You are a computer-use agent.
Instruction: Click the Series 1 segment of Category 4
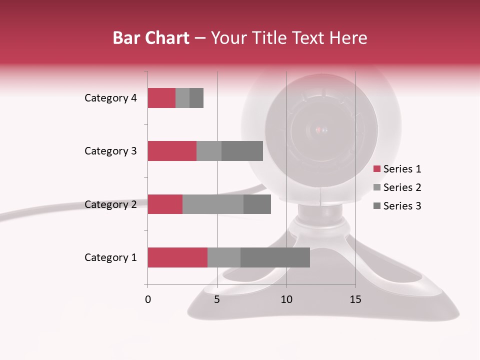coord(161,98)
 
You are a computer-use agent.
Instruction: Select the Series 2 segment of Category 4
coord(182,98)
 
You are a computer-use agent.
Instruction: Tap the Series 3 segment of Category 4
coord(196,98)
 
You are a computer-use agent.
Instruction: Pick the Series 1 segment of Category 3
coord(172,151)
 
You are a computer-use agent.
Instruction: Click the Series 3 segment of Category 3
coord(242,151)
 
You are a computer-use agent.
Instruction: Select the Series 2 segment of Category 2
coord(213,204)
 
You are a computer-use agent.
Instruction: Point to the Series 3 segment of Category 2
coord(257,204)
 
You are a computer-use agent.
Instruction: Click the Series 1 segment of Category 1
coord(177,257)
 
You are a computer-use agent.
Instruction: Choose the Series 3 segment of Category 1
coord(275,257)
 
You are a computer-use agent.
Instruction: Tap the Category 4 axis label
coord(110,98)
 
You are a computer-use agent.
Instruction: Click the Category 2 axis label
coord(110,204)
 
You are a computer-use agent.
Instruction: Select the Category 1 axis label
coord(110,257)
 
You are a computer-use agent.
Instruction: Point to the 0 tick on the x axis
coord(148,299)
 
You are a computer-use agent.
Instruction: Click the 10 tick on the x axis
coord(286,299)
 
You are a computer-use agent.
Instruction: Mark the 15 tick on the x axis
coord(355,299)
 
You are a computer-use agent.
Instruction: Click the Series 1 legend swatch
coord(376,169)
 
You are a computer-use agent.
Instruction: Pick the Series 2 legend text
coord(402,187)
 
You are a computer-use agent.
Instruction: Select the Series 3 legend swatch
coord(376,206)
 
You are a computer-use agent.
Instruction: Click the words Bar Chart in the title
coord(151,38)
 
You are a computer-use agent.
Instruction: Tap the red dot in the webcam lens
coord(320,131)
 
